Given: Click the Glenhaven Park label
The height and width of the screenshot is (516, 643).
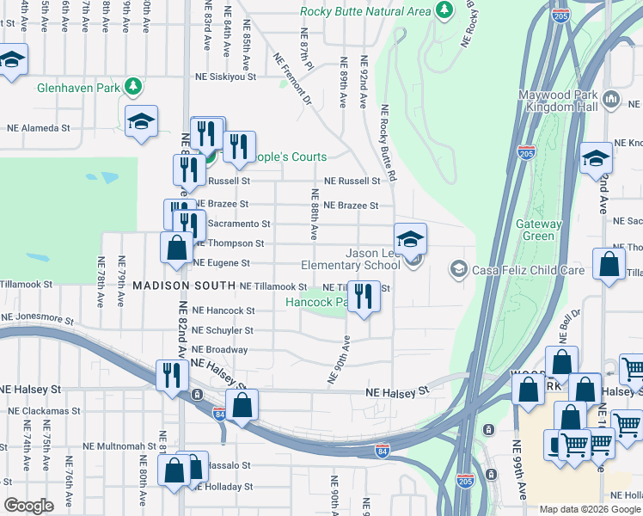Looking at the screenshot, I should (77, 87).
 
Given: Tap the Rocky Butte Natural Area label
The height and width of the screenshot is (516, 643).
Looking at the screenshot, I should (364, 11).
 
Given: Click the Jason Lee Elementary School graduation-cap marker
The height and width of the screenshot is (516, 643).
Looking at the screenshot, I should (411, 238).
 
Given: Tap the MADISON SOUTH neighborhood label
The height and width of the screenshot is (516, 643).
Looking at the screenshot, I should (184, 285).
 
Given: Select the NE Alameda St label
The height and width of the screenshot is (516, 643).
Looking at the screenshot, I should (38, 127).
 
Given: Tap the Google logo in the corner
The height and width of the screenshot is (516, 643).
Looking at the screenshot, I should (28, 506).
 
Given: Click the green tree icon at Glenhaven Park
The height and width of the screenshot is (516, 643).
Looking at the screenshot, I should (132, 86).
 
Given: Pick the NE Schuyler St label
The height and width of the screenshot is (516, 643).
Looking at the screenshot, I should (223, 330).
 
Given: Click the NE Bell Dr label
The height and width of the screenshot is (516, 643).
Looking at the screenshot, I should (571, 327).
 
